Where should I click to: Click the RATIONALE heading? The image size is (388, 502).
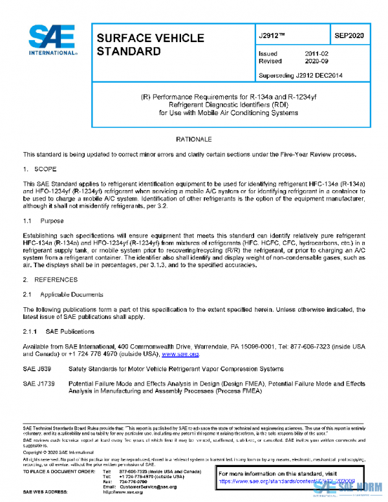193,139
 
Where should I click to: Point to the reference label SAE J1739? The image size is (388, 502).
39,384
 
